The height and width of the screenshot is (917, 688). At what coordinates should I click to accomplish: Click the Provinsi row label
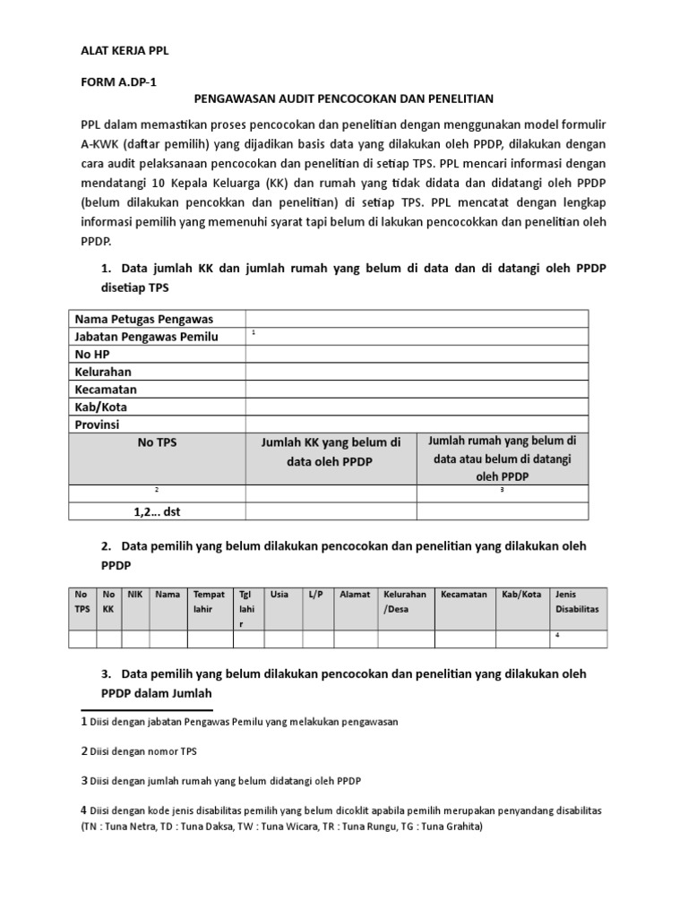[x=98, y=424]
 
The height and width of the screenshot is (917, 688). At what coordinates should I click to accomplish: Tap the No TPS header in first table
[x=157, y=441]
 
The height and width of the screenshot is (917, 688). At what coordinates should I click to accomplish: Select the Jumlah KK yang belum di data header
[x=331, y=451]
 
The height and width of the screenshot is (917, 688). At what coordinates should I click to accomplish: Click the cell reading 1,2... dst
[x=157, y=511]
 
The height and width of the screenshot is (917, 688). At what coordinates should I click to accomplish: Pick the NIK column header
[x=135, y=594]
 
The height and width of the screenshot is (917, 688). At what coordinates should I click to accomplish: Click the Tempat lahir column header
[x=209, y=601]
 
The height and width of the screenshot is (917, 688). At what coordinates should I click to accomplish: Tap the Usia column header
[x=279, y=594]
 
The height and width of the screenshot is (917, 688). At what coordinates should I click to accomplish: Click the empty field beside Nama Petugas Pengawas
[x=417, y=319]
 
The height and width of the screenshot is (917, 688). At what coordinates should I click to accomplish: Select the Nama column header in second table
[x=168, y=594]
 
